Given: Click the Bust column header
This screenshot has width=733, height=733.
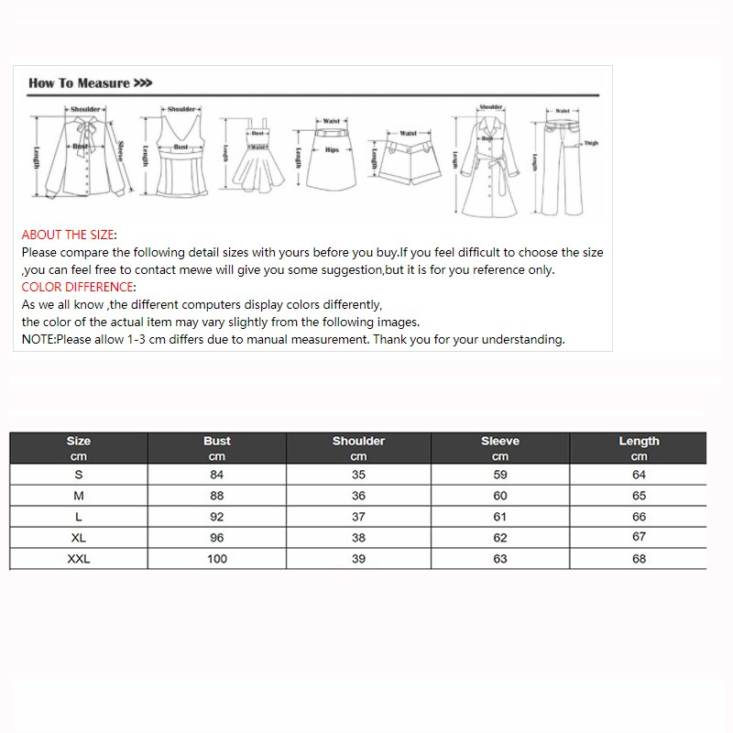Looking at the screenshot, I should pyautogui.click(x=217, y=441).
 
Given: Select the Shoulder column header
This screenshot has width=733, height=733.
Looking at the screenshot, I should pyautogui.click(x=358, y=441).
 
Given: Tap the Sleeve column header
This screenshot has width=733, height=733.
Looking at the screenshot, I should pyautogui.click(x=500, y=441).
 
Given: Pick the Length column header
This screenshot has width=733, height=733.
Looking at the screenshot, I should pyautogui.click(x=640, y=441).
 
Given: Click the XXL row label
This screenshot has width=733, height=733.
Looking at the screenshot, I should pyautogui.click(x=79, y=559).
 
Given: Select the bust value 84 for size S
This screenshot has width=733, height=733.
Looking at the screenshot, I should pyautogui.click(x=217, y=475).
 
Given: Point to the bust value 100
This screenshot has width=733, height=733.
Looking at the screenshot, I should pyautogui.click(x=217, y=559).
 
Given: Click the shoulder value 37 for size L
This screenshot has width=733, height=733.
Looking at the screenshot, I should pyautogui.click(x=358, y=517).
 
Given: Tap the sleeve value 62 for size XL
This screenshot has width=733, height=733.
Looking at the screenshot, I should pyautogui.click(x=500, y=538).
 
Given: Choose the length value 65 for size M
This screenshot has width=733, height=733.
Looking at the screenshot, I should pyautogui.click(x=640, y=496).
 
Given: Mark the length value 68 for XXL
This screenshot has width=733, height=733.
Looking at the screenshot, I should pyautogui.click(x=640, y=559).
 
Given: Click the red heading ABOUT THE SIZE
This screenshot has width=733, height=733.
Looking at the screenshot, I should pyautogui.click(x=68, y=235).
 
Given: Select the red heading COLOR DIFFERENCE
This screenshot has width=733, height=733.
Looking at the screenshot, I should pyautogui.click(x=78, y=287).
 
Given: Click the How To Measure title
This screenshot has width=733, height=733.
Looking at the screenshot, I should pyautogui.click(x=89, y=83).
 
